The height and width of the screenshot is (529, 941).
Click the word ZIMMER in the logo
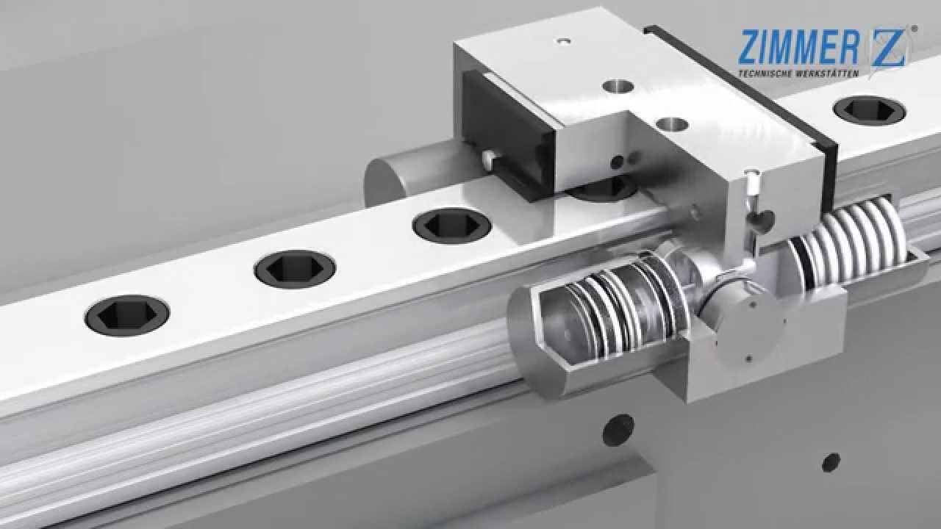[798, 47]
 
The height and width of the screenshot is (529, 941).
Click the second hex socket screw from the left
[295, 269]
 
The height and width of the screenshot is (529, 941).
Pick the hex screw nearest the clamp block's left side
[451, 226]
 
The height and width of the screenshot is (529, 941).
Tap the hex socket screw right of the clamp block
[868, 110]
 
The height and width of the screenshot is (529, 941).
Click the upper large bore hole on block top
[618, 86]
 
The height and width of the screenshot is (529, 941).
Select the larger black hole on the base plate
[618, 430]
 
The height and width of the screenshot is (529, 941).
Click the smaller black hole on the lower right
[831, 462]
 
